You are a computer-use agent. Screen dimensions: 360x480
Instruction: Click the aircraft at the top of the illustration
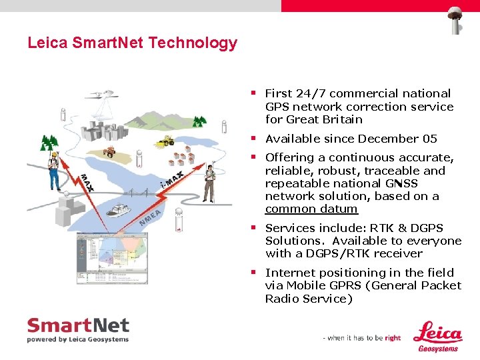click(x=104, y=98)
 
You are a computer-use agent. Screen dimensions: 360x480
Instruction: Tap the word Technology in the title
click(x=193, y=43)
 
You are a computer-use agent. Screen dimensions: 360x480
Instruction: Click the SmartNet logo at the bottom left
click(x=77, y=329)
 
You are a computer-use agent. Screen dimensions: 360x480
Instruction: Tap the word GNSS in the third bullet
click(x=401, y=183)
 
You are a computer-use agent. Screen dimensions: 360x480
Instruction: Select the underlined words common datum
click(x=311, y=209)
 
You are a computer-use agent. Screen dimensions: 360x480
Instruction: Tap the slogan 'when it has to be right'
click(x=362, y=338)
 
